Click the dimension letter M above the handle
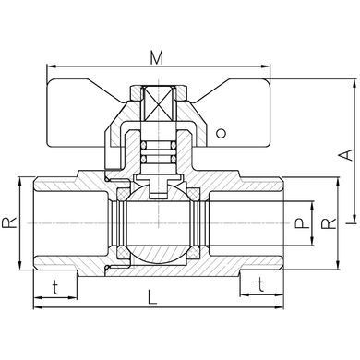[x=157, y=58]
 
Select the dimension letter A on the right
[x=346, y=155]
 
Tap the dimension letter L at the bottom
[x=152, y=297]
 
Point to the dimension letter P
[x=302, y=223]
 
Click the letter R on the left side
[x=9, y=222]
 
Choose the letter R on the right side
[x=329, y=223]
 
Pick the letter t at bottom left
[x=55, y=288]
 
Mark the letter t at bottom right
[x=260, y=284]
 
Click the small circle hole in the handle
[x=221, y=133]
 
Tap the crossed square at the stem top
[x=157, y=104]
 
